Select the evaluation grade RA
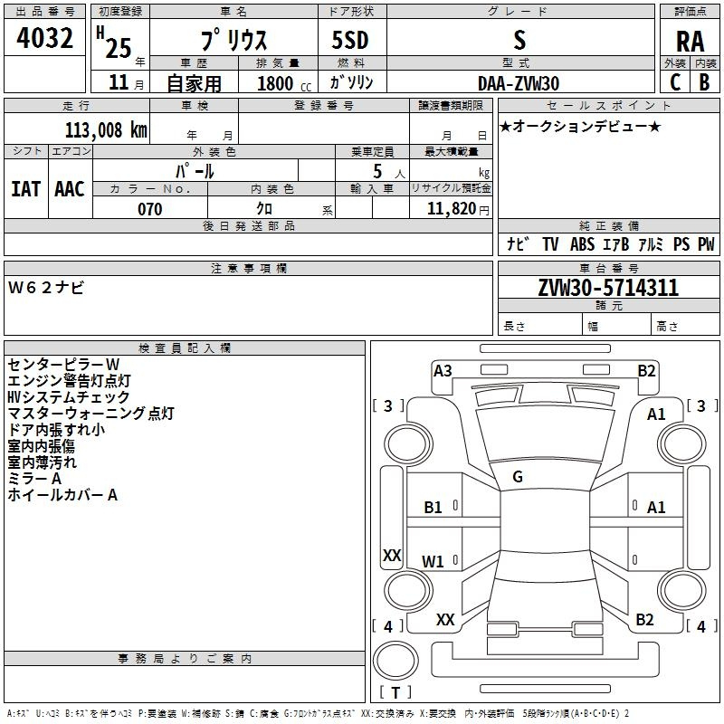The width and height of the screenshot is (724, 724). [x=690, y=41]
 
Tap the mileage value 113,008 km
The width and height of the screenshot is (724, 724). [x=106, y=129]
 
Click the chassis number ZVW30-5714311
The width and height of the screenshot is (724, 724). [x=608, y=289]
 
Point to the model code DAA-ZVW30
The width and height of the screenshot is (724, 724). [x=519, y=83]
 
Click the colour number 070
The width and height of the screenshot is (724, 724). [x=149, y=209]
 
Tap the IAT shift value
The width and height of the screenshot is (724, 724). [x=25, y=189]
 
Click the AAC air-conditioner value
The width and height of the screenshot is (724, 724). [x=70, y=189]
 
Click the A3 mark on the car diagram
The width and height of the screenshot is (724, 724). [x=443, y=370]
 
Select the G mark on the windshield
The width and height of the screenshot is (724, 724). [x=518, y=477]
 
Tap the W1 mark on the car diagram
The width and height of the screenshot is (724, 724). [x=433, y=561]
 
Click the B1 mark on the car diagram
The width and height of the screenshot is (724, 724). [x=433, y=508]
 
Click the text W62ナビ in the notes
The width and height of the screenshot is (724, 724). [x=46, y=287]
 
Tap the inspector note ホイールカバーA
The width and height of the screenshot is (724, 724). [x=62, y=495]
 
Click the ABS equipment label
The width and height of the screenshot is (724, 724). [x=583, y=244]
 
